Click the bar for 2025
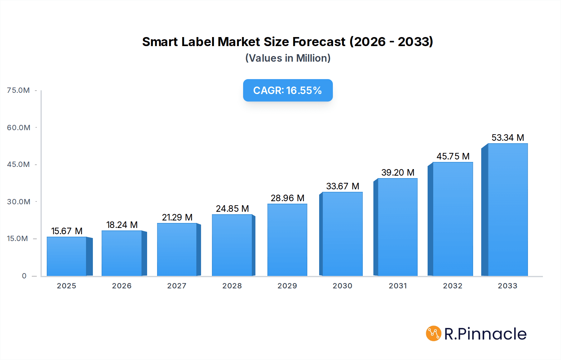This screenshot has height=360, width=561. click(67, 256)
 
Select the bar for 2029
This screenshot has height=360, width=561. click(287, 240)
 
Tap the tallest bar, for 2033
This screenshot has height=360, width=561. click(508, 210)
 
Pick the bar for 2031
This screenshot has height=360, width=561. click(397, 227)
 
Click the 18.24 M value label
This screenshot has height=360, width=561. click(122, 225)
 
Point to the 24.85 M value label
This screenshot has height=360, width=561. click(232, 209)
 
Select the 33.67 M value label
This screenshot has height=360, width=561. click(343, 186)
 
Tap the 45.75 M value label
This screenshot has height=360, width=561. click(453, 156)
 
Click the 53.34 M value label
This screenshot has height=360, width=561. click(508, 138)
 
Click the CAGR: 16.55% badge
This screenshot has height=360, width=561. click(288, 90)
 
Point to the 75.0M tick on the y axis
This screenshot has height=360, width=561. click(18, 90)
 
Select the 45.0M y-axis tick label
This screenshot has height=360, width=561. click(18, 164)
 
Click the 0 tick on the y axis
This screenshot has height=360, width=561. click(24, 276)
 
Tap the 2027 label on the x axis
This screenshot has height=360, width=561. click(177, 286)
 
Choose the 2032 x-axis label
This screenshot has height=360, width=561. click(453, 286)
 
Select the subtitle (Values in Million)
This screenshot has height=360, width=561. click(288, 58)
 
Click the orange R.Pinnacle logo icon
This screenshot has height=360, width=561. click(434, 334)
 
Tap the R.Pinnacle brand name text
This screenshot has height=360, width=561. click(485, 334)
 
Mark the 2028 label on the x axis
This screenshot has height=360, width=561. click(232, 286)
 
